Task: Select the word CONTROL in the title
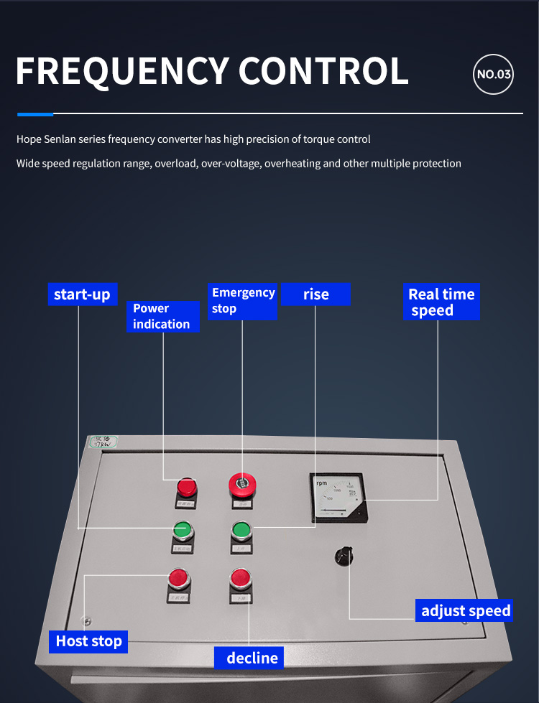click(x=323, y=70)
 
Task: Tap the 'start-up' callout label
click(x=82, y=294)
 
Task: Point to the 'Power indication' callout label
click(x=162, y=316)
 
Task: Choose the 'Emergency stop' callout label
click(x=243, y=301)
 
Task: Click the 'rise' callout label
click(x=315, y=294)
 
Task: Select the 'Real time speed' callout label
click(x=441, y=302)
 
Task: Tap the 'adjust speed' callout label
click(x=466, y=611)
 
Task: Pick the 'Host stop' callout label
click(x=89, y=641)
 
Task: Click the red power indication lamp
click(x=187, y=487)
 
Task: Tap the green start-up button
click(x=183, y=531)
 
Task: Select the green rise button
click(x=241, y=531)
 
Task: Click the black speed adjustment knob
click(x=344, y=556)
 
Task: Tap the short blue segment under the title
click(x=35, y=113)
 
